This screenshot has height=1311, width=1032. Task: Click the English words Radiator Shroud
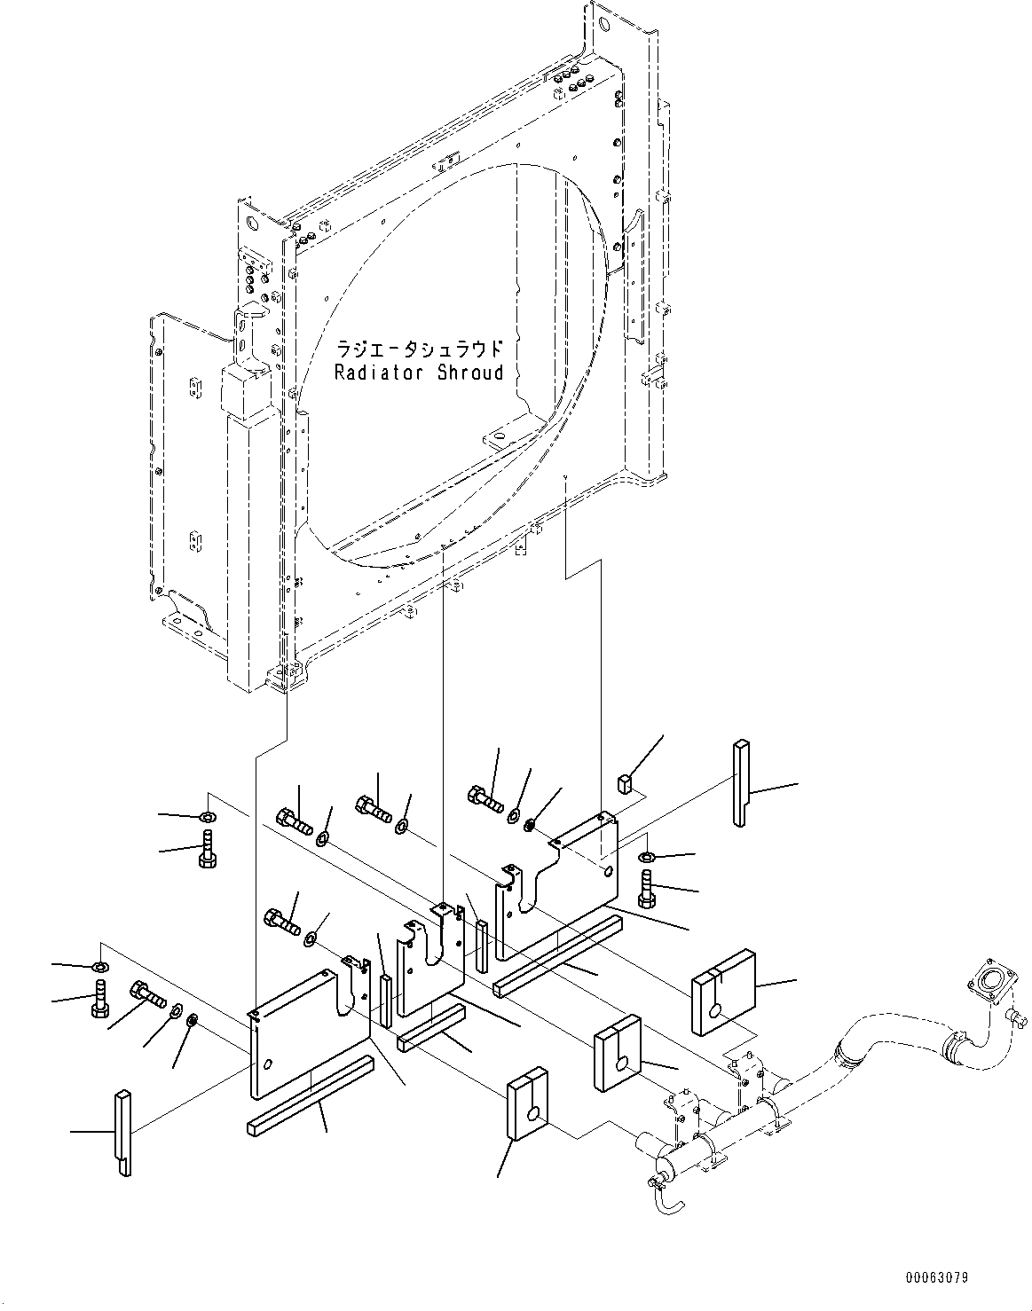point(419,373)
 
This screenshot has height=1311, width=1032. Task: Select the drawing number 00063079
point(936,1278)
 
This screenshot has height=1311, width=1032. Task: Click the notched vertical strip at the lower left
point(122,1132)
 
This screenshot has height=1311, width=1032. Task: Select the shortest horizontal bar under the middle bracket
point(431,1028)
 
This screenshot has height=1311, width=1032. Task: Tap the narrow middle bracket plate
point(431,966)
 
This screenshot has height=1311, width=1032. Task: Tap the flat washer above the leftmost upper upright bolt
point(206,816)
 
